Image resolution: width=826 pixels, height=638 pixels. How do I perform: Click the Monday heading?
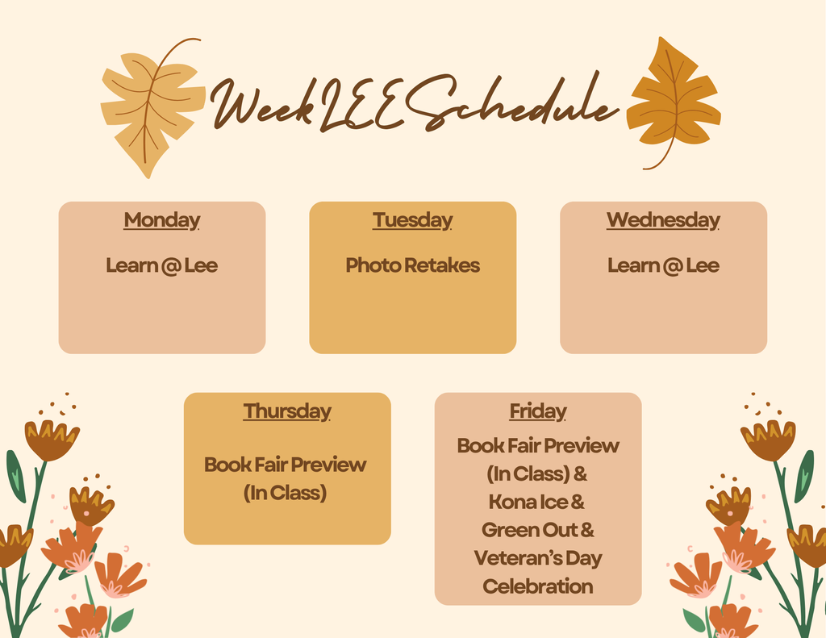tap(161, 220)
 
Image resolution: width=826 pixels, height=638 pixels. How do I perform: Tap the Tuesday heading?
tap(412, 220)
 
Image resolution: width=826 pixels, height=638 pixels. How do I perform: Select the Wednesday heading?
tap(663, 220)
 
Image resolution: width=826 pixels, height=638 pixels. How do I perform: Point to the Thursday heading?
tap(287, 411)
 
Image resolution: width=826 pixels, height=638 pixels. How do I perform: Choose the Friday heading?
tap(538, 411)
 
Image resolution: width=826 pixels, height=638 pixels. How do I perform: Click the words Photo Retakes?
tap(412, 265)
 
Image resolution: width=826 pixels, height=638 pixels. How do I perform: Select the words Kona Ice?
tap(528, 502)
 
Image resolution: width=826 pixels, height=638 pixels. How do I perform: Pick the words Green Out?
tap(529, 530)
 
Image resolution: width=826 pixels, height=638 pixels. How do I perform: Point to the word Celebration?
tap(538, 586)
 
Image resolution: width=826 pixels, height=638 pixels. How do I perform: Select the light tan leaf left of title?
tap(152, 108)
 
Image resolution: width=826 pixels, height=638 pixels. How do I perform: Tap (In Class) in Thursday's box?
tap(285, 493)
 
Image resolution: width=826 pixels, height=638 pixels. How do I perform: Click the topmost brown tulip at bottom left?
tap(52, 440)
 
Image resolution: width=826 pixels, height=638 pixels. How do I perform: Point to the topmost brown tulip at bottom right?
tap(768, 440)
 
